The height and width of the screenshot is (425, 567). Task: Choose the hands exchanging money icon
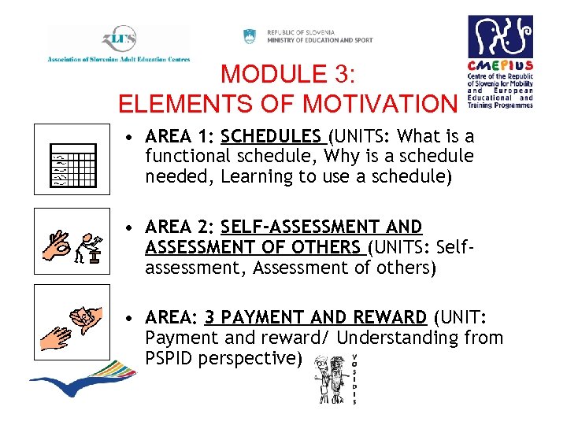pyautogui.click(x=72, y=323)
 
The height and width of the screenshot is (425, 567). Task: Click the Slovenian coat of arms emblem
pyautogui.click(x=250, y=36)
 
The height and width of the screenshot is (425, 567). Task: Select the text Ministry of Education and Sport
pyautogui.click(x=320, y=40)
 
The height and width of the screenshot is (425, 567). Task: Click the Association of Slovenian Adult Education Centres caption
pyautogui.click(x=118, y=59)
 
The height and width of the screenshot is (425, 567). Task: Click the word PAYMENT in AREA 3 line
pyautogui.click(x=267, y=317)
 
